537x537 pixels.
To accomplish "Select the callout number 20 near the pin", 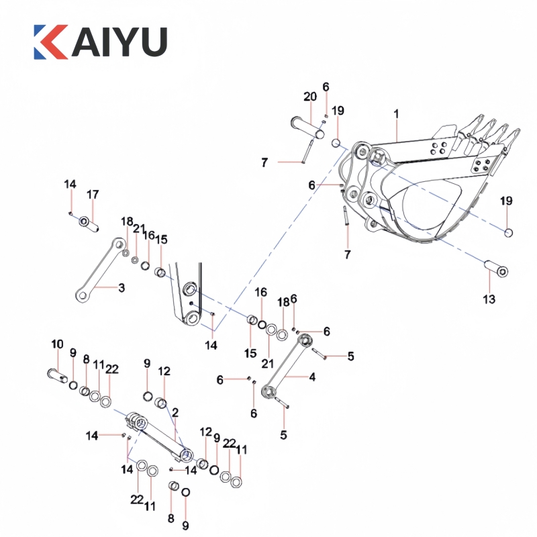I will coord(309,97).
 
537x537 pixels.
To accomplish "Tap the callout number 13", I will coord(489,298).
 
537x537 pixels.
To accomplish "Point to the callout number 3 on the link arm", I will coord(121,289).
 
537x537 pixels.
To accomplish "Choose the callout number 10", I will coord(57,344).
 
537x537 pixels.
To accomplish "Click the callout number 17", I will coord(93,195).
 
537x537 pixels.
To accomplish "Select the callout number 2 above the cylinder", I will coord(175,412).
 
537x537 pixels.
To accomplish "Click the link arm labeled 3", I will coord(101,268).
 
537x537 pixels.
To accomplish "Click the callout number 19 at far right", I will coord(506,201).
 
